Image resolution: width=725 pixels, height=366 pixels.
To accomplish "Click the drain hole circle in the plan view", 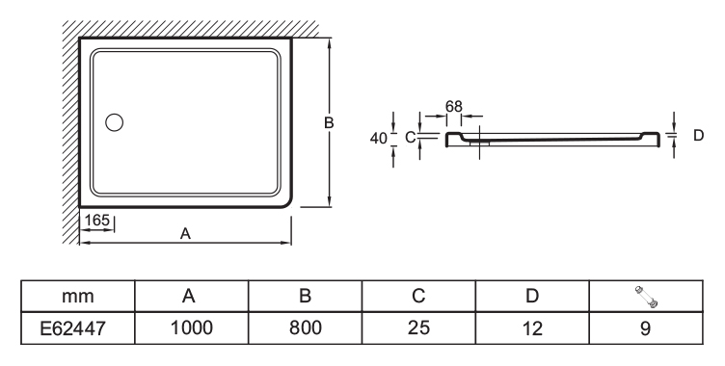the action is tap(114, 122).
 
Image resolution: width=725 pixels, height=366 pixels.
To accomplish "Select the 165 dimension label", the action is tap(97, 220).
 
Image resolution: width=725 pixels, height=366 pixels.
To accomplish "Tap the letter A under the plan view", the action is tap(185, 234).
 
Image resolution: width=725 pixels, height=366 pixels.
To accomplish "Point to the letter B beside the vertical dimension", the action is tap(329, 123).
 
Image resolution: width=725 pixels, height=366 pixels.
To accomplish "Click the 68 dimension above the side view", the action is tap(454, 107).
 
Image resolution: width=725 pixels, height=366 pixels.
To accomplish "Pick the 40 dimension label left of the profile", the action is tap(379, 138).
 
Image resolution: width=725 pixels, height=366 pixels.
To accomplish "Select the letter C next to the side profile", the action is tap(410, 137).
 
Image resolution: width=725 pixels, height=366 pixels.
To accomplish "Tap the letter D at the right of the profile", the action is tap(699, 136).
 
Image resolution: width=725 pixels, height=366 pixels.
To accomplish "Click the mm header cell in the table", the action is tap(78, 297).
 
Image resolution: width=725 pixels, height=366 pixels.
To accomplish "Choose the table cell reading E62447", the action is tap(73, 328).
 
